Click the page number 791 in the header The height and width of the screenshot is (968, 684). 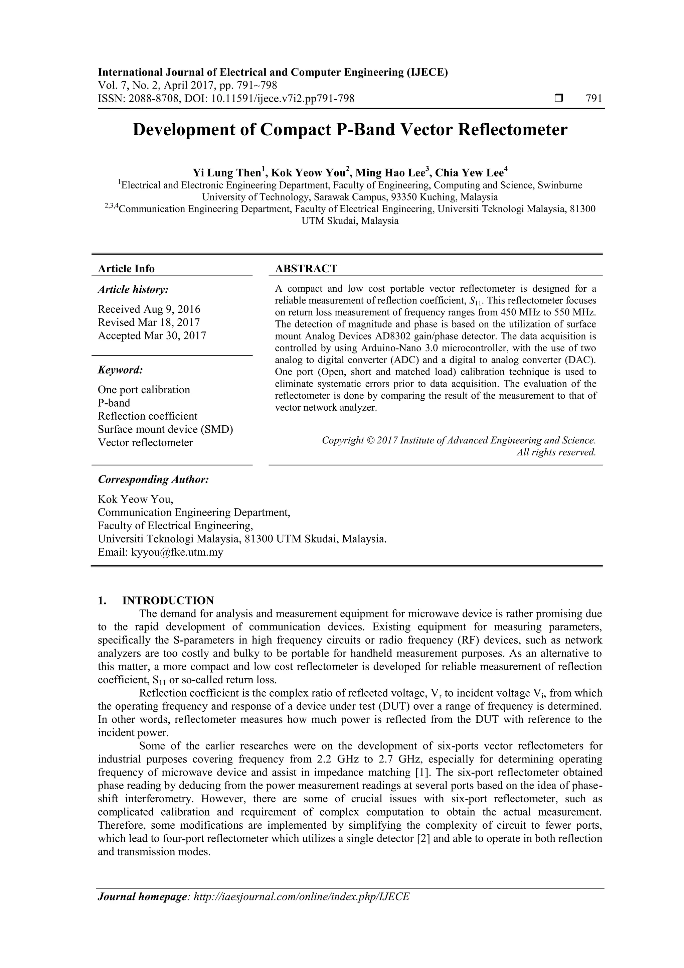pos(594,99)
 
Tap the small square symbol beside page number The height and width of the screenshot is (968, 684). pos(559,99)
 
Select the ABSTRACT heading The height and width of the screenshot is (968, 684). pos(306,269)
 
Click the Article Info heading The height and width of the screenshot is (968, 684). pos(126,269)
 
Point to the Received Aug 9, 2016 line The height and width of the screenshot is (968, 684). pos(149,309)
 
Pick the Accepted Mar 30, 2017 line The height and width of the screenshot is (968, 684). pos(152,335)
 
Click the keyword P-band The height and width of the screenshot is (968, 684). pos(114,403)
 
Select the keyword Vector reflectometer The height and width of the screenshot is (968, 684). pos(145,442)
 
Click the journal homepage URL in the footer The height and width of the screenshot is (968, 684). pos(301,908)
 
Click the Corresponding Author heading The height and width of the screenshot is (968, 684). pos(153,479)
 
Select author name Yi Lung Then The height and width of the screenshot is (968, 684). pos(227,173)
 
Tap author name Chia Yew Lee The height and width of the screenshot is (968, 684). pos(469,173)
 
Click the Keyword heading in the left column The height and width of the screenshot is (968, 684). pos(120,370)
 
